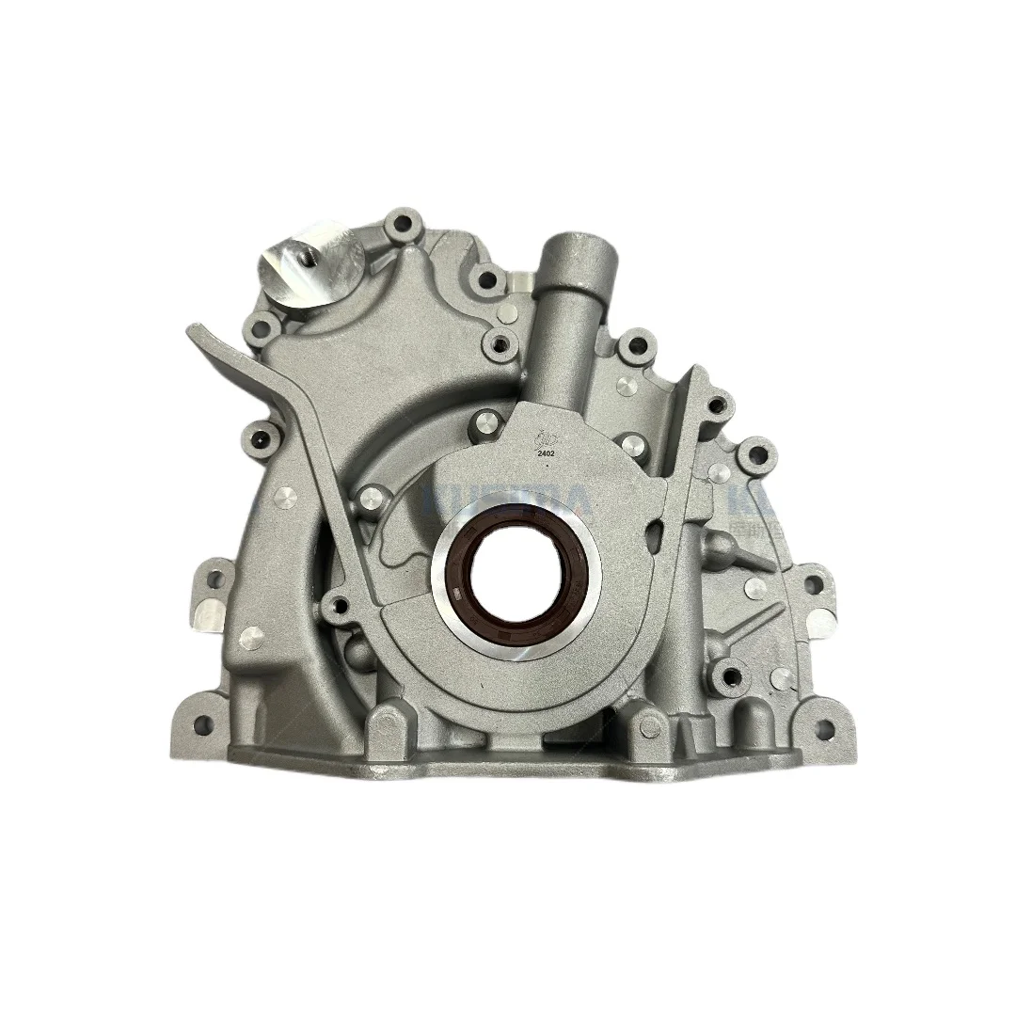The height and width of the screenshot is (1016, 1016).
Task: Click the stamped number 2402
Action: tap(545, 452)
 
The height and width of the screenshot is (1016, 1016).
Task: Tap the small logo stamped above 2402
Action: tap(543, 437)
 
